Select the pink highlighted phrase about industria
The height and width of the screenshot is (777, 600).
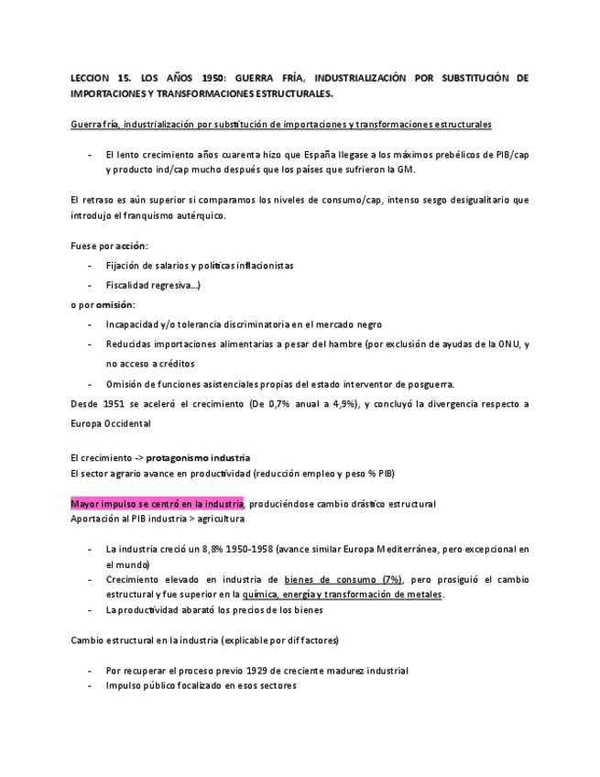157,503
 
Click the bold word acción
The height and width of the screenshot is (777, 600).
132,246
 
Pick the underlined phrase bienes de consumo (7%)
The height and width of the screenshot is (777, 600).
344,580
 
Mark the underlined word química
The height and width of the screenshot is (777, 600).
261,595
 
